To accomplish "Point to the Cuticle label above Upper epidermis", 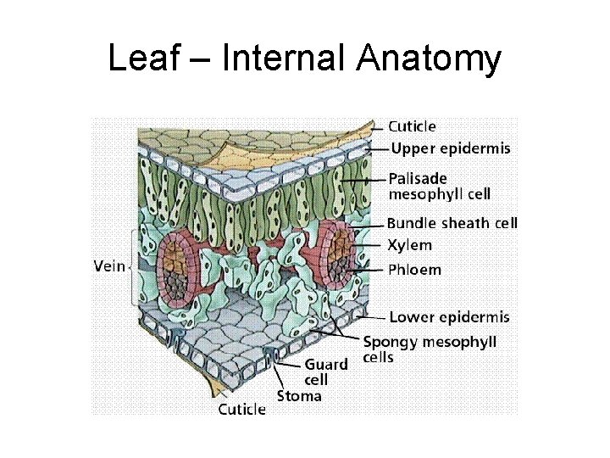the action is click(x=413, y=126).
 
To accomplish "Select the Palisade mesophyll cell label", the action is click(x=439, y=187).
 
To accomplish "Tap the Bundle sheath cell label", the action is click(x=452, y=224).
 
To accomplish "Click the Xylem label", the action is click(x=409, y=245).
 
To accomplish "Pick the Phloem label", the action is click(x=414, y=271).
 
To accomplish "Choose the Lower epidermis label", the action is click(x=449, y=317).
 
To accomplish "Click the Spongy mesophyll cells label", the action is click(x=430, y=349).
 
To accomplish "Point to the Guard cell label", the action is click(x=326, y=372).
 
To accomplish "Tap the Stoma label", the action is click(x=300, y=395).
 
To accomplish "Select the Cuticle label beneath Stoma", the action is click(x=241, y=410).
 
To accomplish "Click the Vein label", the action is click(x=108, y=265).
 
